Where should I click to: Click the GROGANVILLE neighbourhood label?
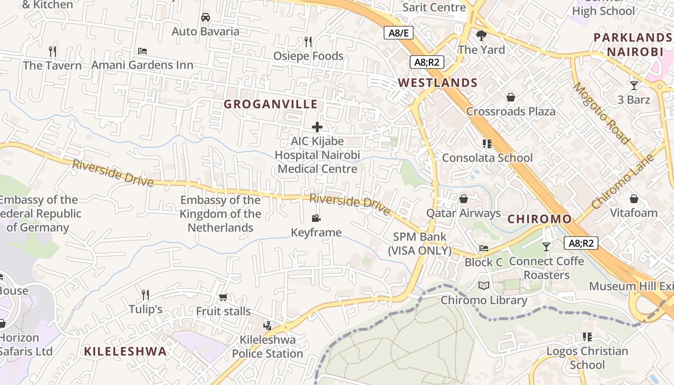(x=271, y=104)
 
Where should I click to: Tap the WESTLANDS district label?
(x=438, y=83)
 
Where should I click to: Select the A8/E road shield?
(x=398, y=33)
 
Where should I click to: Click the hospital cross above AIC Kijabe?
(x=317, y=127)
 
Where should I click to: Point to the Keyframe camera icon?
(x=316, y=218)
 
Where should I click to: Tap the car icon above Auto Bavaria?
(x=206, y=17)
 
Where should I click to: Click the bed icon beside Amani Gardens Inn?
(x=143, y=51)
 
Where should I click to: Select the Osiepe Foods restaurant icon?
(x=308, y=42)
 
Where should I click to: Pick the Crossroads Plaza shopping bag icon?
(x=511, y=98)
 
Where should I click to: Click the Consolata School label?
(x=487, y=158)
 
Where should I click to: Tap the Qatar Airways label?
(x=463, y=213)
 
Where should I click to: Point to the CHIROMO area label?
(x=540, y=219)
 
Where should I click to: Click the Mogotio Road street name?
(x=601, y=114)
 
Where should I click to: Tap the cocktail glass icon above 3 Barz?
(x=634, y=86)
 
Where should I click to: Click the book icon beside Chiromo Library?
(x=484, y=286)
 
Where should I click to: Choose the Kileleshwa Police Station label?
(x=268, y=346)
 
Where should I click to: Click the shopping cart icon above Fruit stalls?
(x=223, y=297)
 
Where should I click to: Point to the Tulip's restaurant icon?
(x=145, y=295)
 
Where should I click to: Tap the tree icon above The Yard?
(x=481, y=35)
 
